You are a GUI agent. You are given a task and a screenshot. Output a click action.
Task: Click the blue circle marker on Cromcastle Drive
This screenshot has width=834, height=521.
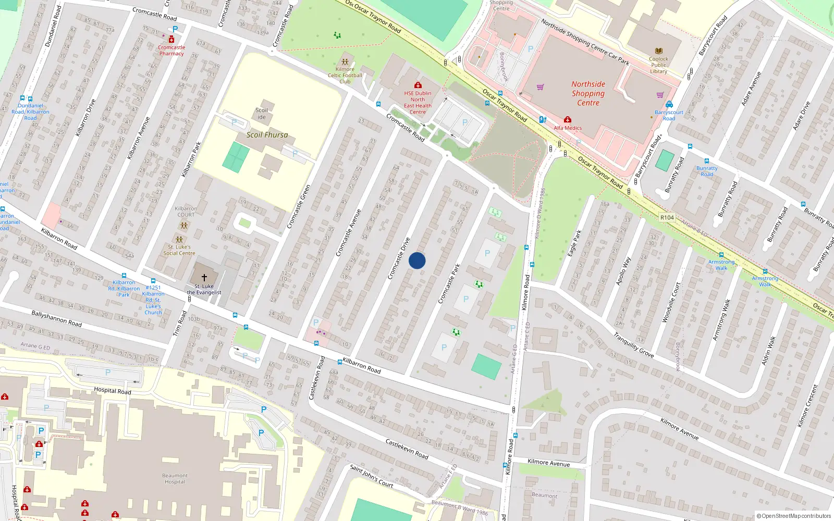click(x=417, y=260)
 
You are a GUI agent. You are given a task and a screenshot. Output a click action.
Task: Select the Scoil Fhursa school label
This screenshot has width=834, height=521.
click(x=267, y=135)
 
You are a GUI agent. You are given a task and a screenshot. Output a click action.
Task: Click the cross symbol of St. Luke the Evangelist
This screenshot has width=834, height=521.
click(x=204, y=278)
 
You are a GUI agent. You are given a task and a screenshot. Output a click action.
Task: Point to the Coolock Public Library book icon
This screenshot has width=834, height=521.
click(x=659, y=51)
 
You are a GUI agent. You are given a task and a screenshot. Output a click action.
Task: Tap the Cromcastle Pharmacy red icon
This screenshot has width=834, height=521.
click(x=171, y=40)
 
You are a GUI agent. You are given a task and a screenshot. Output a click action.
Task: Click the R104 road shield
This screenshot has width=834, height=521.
click(x=667, y=217)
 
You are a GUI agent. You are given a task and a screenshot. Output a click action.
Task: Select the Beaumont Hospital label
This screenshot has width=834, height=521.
click(x=175, y=478)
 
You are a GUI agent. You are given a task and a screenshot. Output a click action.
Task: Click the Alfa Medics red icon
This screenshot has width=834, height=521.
click(x=568, y=120)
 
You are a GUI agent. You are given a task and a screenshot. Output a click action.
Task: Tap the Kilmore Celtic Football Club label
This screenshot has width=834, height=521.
click(x=345, y=75)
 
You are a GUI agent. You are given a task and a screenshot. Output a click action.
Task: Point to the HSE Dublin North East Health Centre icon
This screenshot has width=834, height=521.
click(x=418, y=85)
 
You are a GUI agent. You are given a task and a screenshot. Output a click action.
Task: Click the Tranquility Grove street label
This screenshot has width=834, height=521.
click(x=633, y=345)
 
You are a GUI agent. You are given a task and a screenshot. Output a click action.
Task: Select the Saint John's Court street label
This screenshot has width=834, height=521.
click(x=371, y=476)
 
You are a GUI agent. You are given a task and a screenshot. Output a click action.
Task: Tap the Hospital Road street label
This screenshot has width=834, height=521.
click(x=112, y=390)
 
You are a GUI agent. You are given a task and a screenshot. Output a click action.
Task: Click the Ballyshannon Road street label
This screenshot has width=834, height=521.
click(x=56, y=318)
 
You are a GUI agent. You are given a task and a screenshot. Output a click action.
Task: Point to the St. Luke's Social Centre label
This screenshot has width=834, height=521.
click(x=179, y=250)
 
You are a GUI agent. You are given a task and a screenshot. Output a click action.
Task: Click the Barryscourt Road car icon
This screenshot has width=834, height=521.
click(x=669, y=105)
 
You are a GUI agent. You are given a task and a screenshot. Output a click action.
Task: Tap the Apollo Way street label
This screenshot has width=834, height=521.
click(x=623, y=271)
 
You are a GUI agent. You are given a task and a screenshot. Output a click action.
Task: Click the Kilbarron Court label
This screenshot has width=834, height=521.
click(x=186, y=212)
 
